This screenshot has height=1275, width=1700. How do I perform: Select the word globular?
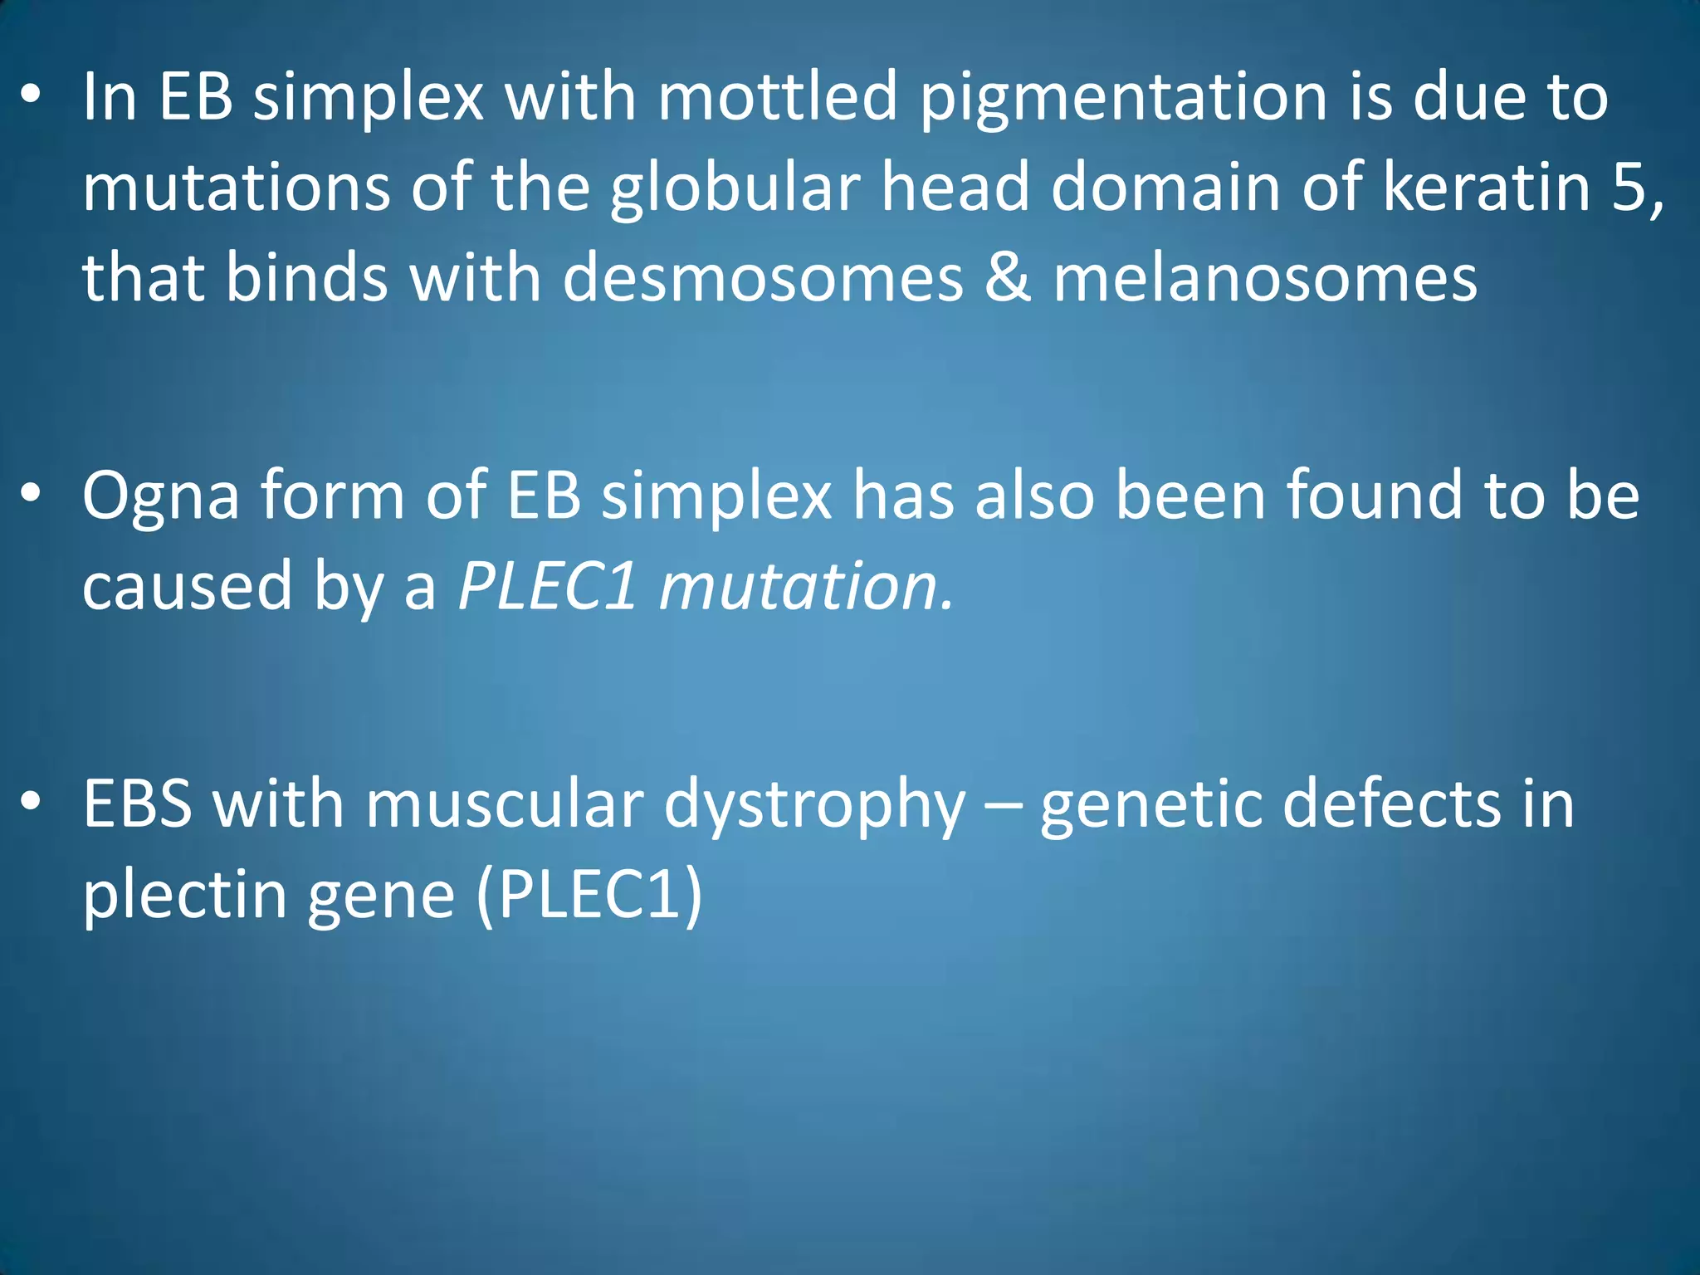point(735,188)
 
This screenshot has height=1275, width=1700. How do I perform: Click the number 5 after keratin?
point(1631,188)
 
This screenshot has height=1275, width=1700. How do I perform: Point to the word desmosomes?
point(763,278)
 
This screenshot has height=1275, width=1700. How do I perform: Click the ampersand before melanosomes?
point(1008,278)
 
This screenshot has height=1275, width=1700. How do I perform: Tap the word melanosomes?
point(1265,278)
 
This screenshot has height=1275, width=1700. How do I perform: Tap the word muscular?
point(504,804)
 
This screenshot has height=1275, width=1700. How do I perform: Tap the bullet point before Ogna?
point(31,495)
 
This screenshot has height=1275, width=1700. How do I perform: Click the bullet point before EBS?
point(31,802)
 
